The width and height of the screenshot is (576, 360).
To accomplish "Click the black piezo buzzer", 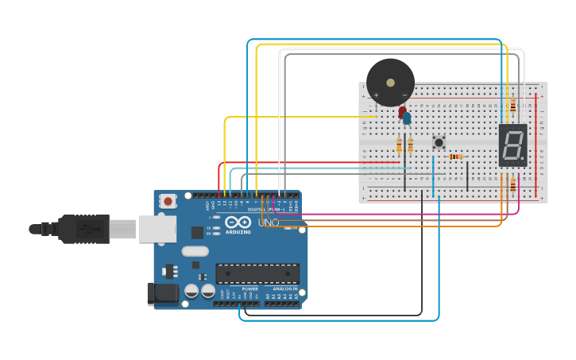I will point(390,83).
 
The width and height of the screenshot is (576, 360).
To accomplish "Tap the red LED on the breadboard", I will point(402,112).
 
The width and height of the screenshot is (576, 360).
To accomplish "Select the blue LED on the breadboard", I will point(408,118).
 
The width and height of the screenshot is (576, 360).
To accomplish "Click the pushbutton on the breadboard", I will point(439,143).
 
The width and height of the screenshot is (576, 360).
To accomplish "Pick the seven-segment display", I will point(512,145).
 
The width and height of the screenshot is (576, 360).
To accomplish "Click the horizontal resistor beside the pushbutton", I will point(456,157).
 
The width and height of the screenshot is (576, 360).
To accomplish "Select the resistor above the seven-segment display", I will point(512,105).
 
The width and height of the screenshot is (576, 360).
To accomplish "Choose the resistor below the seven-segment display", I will point(512,185).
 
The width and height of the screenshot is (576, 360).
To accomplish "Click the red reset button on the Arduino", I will point(168,202).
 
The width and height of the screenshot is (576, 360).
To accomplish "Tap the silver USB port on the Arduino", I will point(157,229).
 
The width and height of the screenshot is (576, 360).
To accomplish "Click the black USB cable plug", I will point(83,229).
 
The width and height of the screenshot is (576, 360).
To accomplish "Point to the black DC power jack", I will point(163,293).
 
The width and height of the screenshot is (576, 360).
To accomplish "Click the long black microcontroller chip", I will point(257,273).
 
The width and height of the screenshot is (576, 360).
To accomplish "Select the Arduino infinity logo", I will point(238,222).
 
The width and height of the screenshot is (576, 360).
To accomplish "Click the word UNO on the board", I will point(269,223).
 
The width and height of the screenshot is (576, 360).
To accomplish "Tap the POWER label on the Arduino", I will point(239,288).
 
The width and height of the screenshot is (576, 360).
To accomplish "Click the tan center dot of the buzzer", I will point(390,81).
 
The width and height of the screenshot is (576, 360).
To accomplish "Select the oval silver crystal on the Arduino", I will point(195,251).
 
